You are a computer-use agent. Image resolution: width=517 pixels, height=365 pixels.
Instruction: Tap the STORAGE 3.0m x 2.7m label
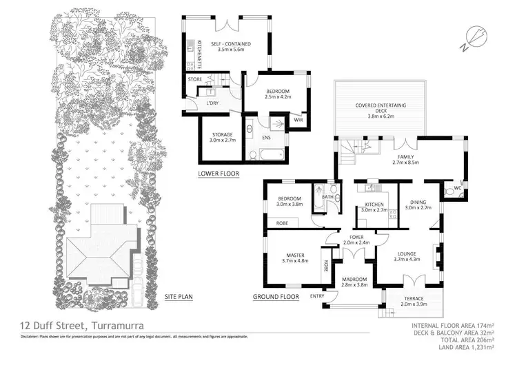(222, 137)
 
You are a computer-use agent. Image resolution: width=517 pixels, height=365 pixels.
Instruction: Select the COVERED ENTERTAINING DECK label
(381, 109)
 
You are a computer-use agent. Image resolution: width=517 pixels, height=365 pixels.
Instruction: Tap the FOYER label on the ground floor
(356, 238)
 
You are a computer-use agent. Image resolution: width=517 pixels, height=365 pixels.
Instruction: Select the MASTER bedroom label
(296, 258)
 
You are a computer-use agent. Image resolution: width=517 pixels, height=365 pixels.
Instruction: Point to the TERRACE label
(414, 299)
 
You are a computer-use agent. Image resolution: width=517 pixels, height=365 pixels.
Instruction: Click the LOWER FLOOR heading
(218, 174)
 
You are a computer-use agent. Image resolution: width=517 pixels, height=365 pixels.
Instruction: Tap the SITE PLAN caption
(179, 297)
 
